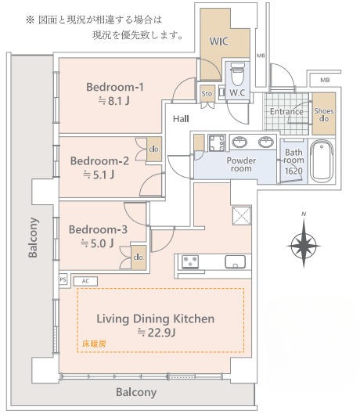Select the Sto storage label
point(207,94)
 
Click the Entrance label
point(286,112)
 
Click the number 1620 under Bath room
point(293,170)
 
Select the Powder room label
point(242,164)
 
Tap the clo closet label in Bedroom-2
point(153,149)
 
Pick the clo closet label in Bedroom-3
point(139,257)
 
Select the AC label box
point(85,280)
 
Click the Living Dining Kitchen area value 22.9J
point(155,333)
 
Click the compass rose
point(304,241)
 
